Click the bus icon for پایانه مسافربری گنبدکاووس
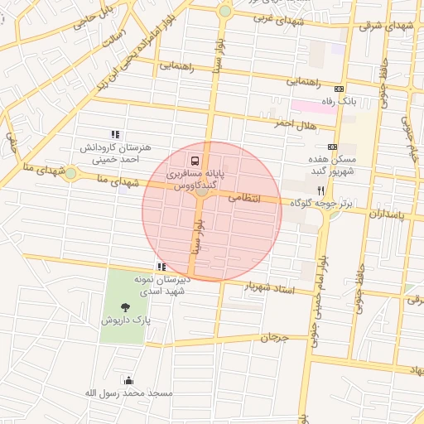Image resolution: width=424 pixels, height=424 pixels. (195, 160)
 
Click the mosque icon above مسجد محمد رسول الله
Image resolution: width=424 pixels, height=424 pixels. (128, 380)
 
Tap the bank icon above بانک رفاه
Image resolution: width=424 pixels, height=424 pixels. (339, 89)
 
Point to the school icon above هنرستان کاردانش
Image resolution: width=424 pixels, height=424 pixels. (115, 134)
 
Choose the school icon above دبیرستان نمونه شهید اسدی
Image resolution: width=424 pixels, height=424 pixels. (161, 267)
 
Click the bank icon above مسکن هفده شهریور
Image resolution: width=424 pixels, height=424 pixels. (332, 147)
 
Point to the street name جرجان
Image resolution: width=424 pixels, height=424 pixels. (273, 338)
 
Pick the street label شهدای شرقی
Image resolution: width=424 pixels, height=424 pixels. (383, 25)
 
